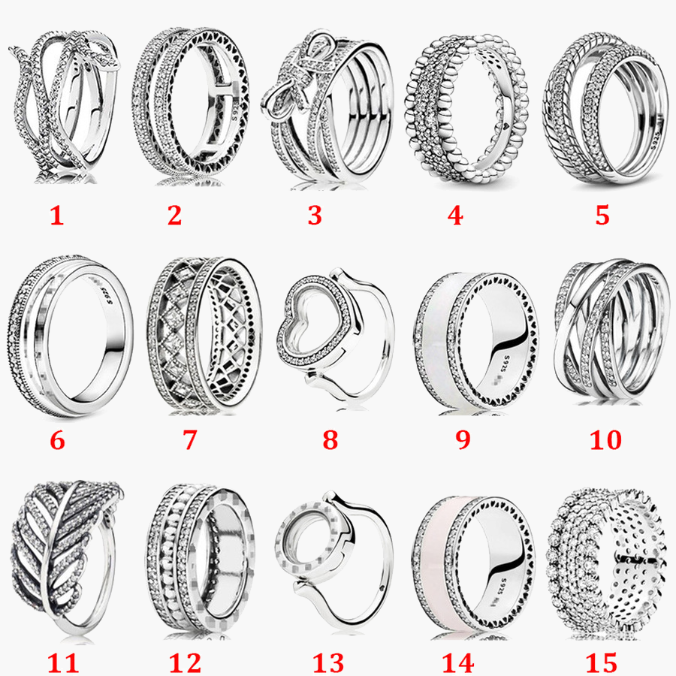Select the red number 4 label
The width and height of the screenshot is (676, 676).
pyautogui.click(x=454, y=216)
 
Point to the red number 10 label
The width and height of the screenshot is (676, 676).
pyautogui.click(x=605, y=439)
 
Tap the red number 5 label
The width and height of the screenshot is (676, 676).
pyautogui.click(x=602, y=216)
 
